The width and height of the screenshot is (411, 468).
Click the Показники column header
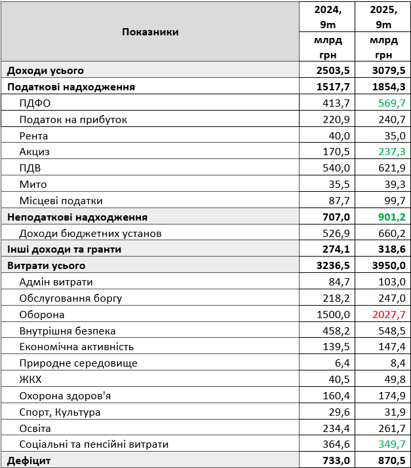coord(150,31)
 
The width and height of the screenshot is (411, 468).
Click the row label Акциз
coord(35,152)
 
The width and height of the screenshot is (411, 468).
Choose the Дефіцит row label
coord(29,460)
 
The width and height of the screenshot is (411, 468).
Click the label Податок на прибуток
coord(73,120)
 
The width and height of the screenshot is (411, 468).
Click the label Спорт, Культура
coord(60,412)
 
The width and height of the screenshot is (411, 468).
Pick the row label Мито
coord(33,185)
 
